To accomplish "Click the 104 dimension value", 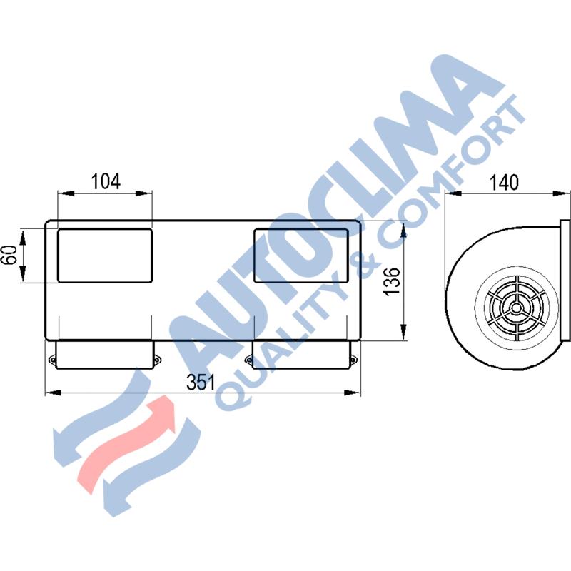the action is point(105,181).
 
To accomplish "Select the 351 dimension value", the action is point(201,382).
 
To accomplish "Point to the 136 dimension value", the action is point(392,281).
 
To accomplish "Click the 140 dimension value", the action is point(504,182).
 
